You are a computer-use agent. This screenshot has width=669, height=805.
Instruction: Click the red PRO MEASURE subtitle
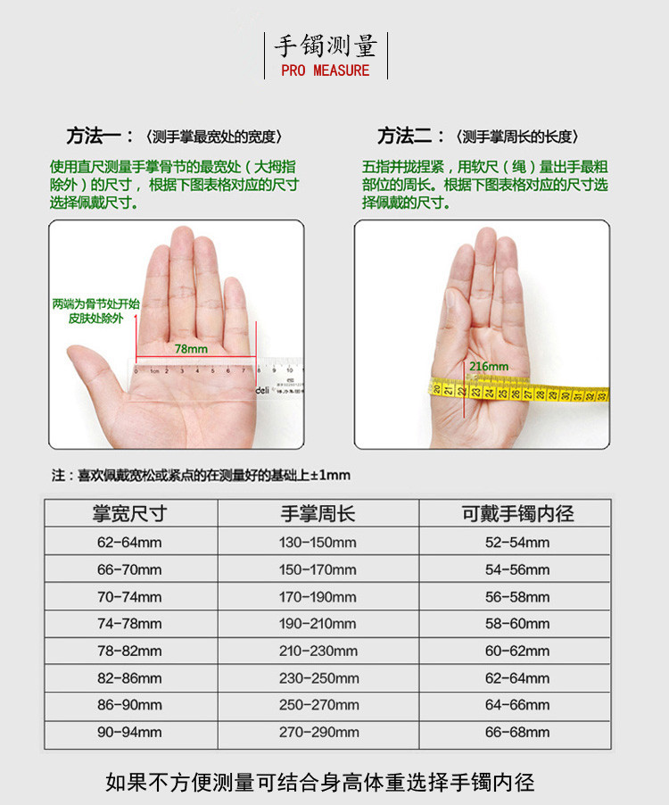click(x=326, y=71)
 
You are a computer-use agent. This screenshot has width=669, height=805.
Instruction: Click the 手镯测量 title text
click(x=326, y=46)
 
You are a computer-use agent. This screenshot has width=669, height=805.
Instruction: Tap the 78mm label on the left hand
click(x=191, y=349)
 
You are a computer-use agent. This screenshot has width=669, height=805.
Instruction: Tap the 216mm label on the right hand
click(x=489, y=367)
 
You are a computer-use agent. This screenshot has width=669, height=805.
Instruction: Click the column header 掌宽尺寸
click(x=130, y=513)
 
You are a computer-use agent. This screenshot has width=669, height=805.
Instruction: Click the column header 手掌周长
click(x=318, y=513)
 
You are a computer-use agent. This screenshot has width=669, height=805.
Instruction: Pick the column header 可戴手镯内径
click(x=517, y=513)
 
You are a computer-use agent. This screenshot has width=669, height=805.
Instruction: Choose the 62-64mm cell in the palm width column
click(x=129, y=542)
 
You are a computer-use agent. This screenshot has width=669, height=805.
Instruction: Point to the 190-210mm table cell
click(x=318, y=624)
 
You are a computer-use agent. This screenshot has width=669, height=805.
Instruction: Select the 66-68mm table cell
click(x=517, y=732)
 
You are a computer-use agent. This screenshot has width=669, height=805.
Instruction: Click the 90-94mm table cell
click(x=129, y=732)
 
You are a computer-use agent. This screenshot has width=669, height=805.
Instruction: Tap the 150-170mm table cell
click(x=318, y=570)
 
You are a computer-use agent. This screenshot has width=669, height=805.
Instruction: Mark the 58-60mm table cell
click(x=517, y=624)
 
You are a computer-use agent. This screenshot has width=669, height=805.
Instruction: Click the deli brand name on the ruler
click(x=262, y=390)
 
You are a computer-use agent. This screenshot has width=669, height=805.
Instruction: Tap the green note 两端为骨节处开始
click(x=96, y=304)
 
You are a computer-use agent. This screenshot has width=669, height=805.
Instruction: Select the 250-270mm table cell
click(x=318, y=705)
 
